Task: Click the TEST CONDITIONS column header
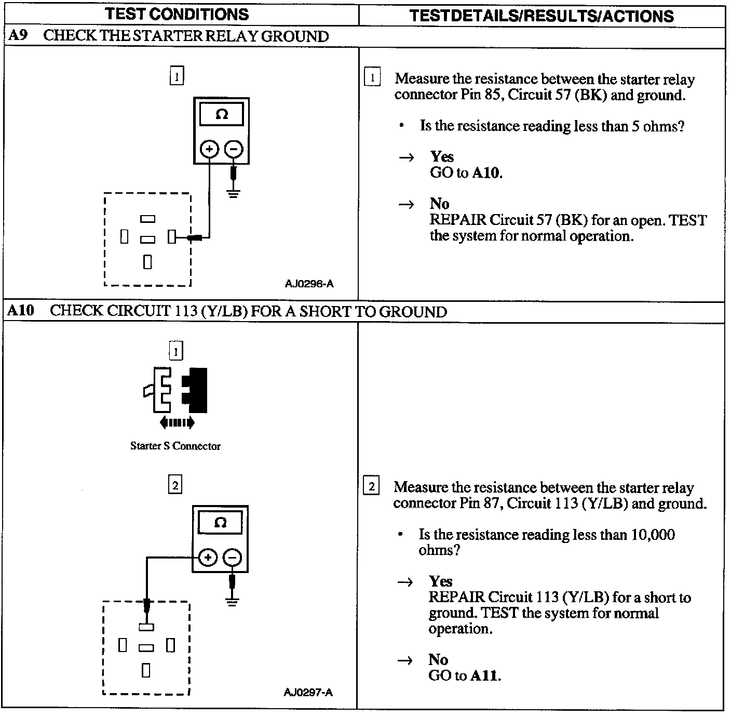tap(177, 14)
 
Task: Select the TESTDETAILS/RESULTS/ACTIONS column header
tap(542, 16)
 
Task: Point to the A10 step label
tap(21, 311)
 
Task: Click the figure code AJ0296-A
tap(309, 284)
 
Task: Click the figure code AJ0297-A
tap(308, 692)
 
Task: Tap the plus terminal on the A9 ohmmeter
tap(209, 150)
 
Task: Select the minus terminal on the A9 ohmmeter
tap(234, 150)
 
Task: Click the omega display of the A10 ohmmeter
tap(220, 523)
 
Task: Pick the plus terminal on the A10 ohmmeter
tap(208, 558)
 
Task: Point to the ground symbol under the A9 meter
tap(234, 195)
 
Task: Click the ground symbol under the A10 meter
tap(232, 602)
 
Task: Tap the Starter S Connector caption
tap(175, 446)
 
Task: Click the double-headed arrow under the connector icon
tap(177, 422)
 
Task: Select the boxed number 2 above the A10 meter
tap(175, 485)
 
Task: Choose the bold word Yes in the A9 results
tap(441, 156)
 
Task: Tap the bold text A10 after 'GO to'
tap(486, 172)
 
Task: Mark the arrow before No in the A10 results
tap(405, 660)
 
